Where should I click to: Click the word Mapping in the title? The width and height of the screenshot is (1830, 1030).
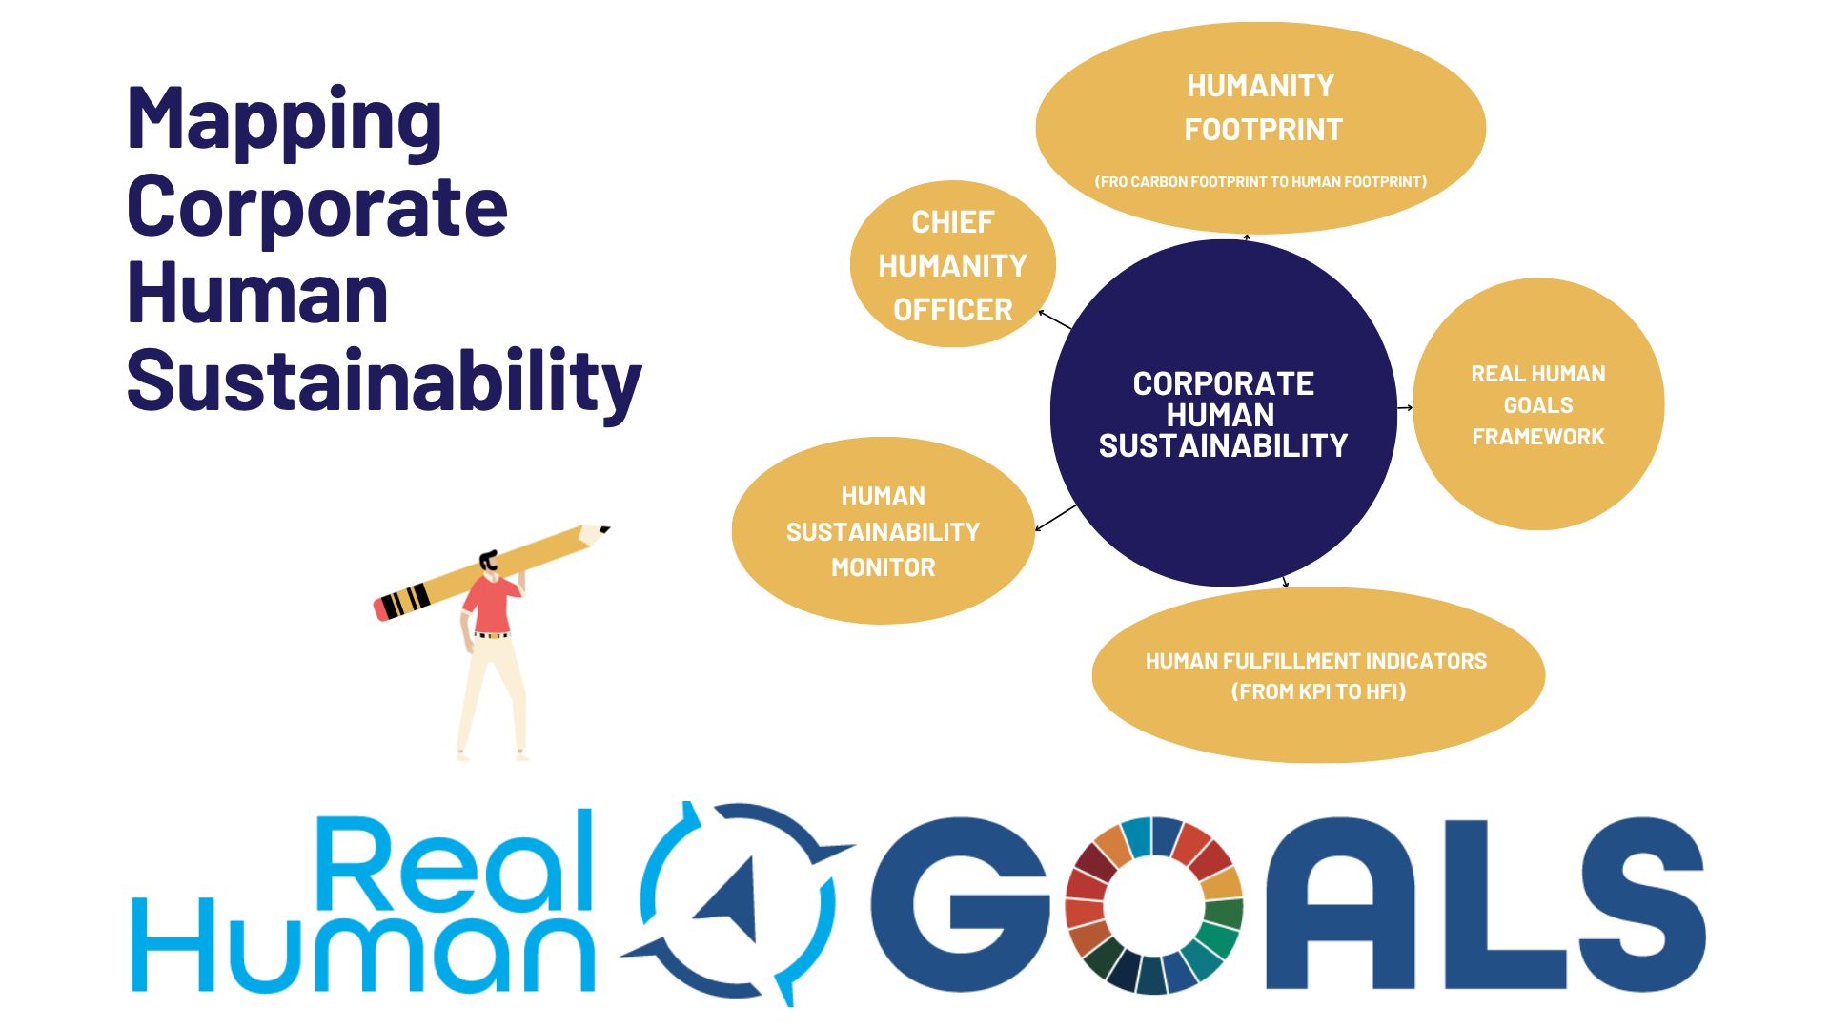[x=284, y=122]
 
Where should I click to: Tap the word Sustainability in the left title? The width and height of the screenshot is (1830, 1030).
[x=384, y=382]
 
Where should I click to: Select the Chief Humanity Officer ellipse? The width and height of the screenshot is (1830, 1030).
[x=953, y=264]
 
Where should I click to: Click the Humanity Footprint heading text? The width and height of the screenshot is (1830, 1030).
[x=1261, y=108]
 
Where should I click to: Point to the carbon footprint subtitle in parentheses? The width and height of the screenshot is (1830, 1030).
[x=1261, y=181]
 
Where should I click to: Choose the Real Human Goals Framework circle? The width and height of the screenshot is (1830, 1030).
[x=1538, y=404]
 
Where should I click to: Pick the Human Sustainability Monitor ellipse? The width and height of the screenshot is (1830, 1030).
[x=884, y=531]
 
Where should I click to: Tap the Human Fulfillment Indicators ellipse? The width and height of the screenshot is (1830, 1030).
[x=1318, y=675]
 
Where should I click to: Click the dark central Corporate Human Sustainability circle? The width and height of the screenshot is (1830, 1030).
[x=1224, y=413]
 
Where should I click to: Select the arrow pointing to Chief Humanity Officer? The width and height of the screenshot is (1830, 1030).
[x=1055, y=319]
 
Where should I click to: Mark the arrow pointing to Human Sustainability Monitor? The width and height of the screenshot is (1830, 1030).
[x=1056, y=517]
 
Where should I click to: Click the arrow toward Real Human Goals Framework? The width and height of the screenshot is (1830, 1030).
[x=1405, y=408]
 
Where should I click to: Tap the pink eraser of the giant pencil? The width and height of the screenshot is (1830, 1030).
[x=381, y=608]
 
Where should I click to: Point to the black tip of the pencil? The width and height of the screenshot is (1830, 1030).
[x=604, y=529]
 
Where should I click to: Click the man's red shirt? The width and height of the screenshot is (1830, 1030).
[x=491, y=604]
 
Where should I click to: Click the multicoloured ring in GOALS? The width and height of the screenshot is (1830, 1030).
[x=1152, y=905]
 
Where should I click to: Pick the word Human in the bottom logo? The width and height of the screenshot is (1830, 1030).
[x=362, y=944]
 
